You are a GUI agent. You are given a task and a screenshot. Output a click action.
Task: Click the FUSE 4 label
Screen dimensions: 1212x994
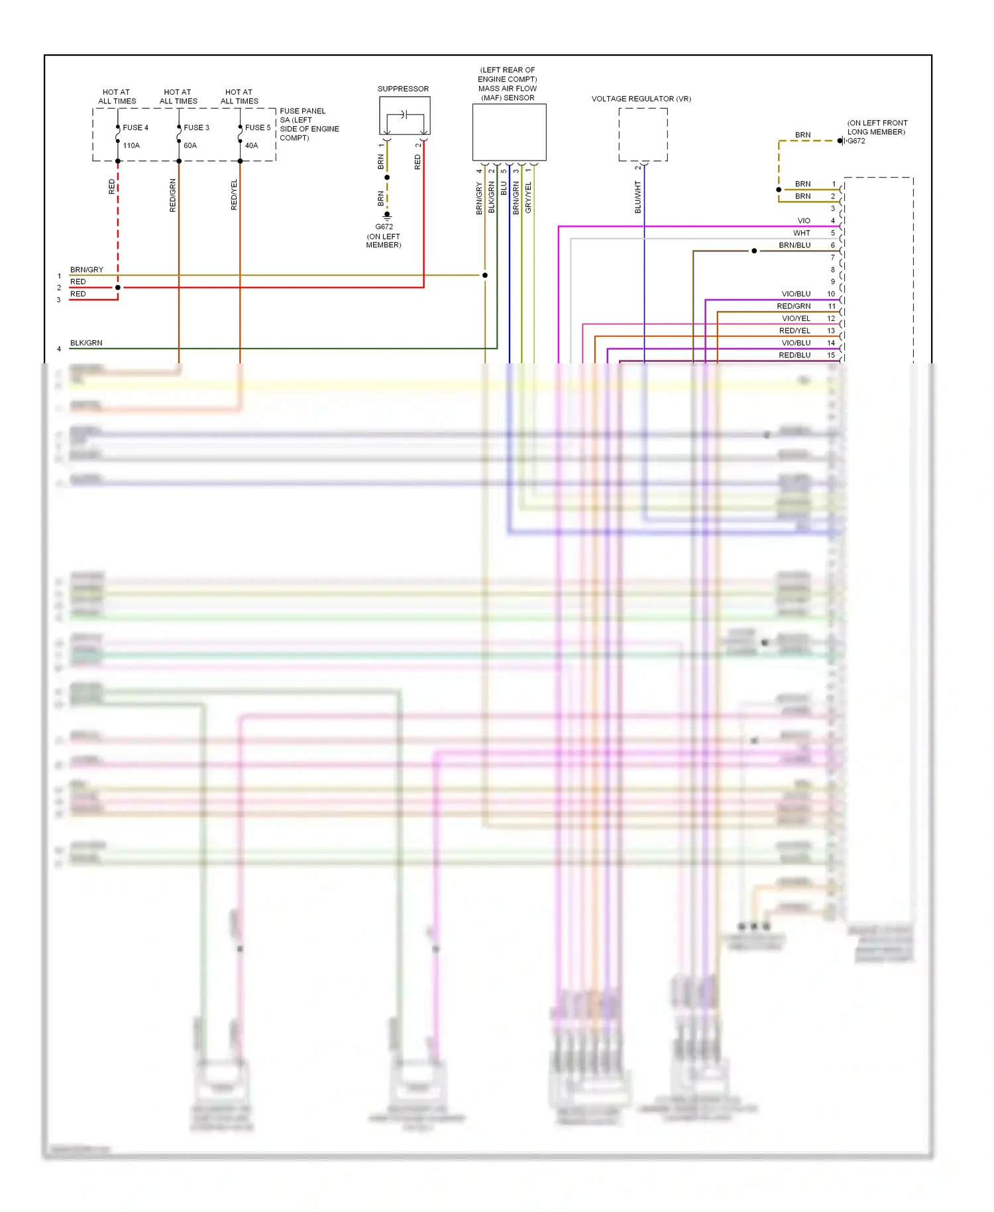pyautogui.click(x=135, y=127)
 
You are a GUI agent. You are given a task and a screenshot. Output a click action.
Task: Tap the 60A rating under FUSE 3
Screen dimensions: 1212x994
pyautogui.click(x=190, y=145)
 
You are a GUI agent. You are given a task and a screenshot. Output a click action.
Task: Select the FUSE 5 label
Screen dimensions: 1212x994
pyautogui.click(x=258, y=127)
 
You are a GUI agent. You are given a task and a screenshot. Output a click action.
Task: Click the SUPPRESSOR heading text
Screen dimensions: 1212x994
pyautogui.click(x=403, y=89)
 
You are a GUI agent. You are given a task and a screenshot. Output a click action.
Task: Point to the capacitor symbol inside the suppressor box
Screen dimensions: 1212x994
pyautogui.click(x=404, y=115)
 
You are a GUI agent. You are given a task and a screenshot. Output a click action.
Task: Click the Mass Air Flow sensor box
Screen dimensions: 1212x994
pyautogui.click(x=509, y=132)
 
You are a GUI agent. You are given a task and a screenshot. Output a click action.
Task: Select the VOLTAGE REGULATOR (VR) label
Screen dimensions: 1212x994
pyautogui.click(x=641, y=99)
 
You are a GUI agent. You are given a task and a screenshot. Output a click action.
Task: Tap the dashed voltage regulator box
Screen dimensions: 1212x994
pyautogui.click(x=643, y=135)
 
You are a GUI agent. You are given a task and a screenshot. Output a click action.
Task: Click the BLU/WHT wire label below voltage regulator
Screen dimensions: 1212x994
pyautogui.click(x=638, y=197)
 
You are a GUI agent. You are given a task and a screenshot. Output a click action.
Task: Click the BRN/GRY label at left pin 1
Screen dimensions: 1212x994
pyautogui.click(x=87, y=270)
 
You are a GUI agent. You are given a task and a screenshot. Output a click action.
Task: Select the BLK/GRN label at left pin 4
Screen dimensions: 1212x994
pyautogui.click(x=86, y=343)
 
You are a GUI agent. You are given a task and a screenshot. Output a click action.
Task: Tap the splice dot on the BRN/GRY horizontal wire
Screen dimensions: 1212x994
pyautogui.click(x=485, y=275)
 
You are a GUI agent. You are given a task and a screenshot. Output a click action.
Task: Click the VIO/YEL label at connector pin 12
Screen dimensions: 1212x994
pyautogui.click(x=796, y=318)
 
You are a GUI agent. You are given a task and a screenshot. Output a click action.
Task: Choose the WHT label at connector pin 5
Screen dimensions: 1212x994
pyautogui.click(x=802, y=233)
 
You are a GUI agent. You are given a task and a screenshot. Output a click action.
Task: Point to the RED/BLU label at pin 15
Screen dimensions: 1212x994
pyautogui.click(x=795, y=355)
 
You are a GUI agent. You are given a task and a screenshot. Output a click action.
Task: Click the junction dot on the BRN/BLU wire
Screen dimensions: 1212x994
pyautogui.click(x=754, y=251)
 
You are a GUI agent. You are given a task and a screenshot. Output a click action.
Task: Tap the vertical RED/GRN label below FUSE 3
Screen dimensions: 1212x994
pyautogui.click(x=173, y=196)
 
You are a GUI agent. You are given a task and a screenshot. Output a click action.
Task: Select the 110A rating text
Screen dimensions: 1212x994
pyautogui.click(x=131, y=145)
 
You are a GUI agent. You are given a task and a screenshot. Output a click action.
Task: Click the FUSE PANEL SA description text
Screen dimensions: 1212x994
pyautogui.click(x=309, y=124)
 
